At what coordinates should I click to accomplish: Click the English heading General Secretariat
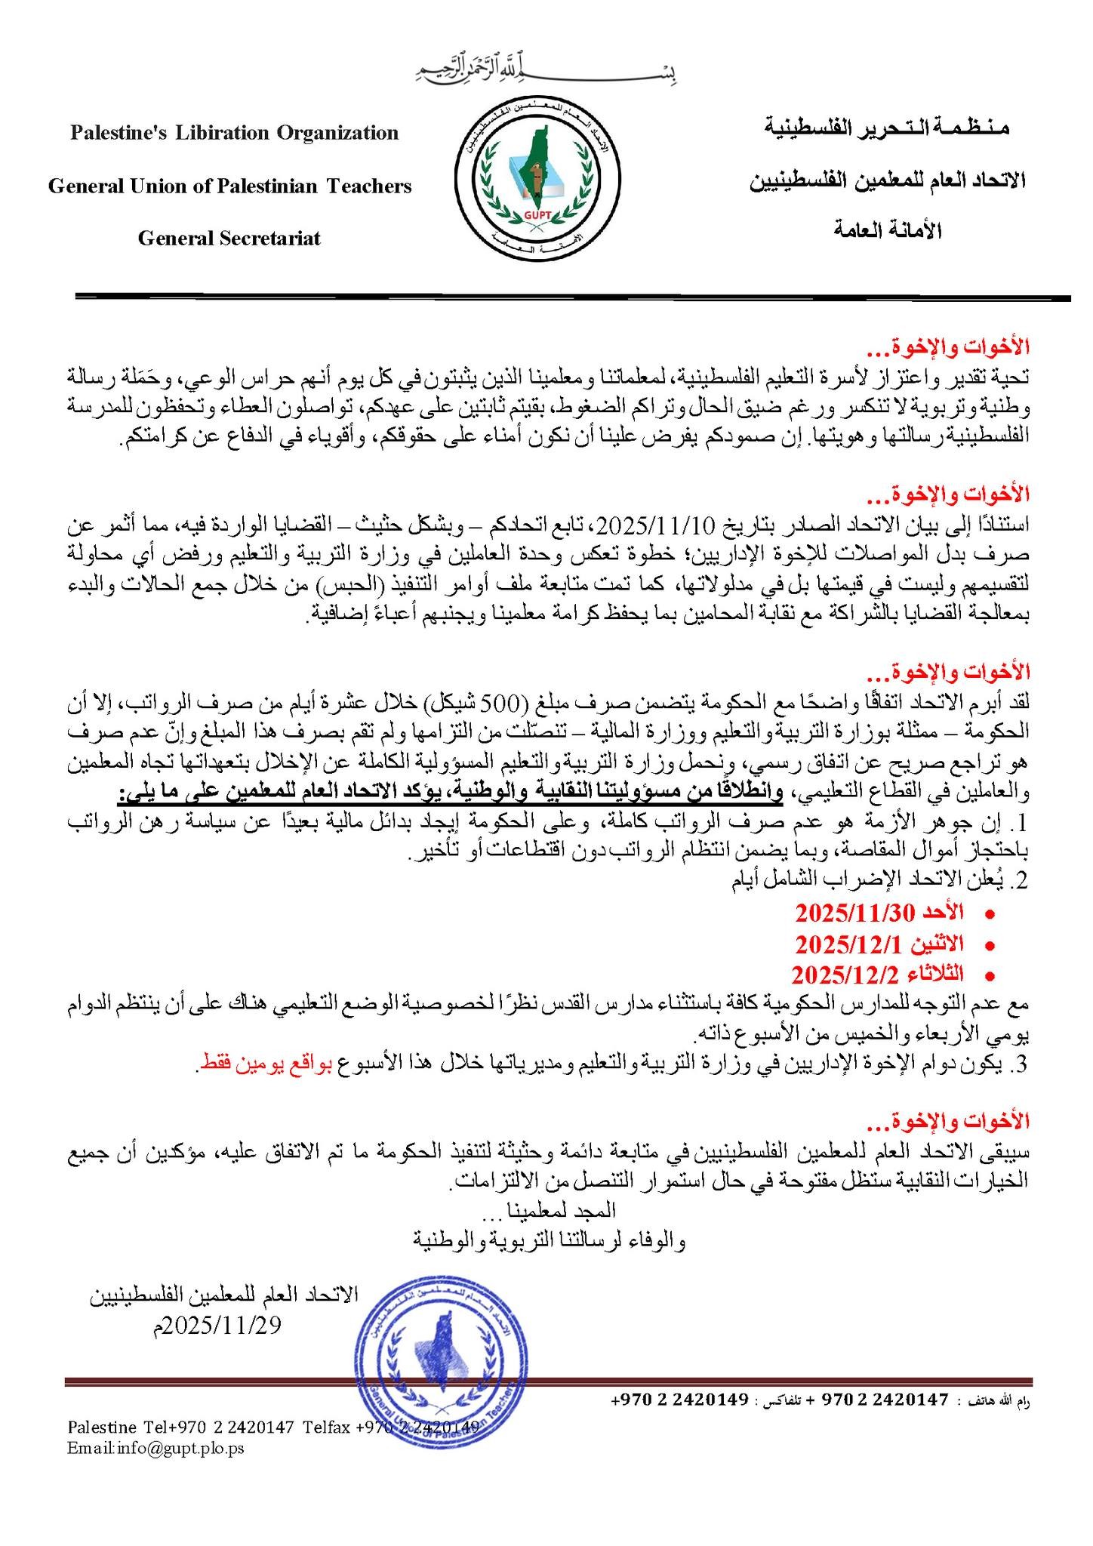[229, 239]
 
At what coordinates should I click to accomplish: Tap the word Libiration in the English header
[223, 134]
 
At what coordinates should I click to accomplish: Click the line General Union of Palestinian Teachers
[230, 186]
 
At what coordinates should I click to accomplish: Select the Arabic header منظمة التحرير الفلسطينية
[886, 128]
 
